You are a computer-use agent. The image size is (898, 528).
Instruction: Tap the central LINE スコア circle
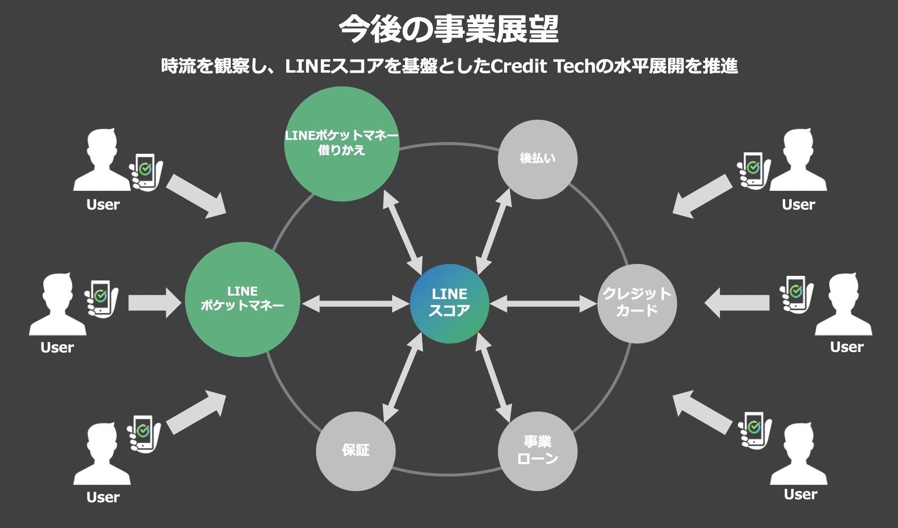coord(449,303)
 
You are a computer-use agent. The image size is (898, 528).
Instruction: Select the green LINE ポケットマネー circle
coord(242,299)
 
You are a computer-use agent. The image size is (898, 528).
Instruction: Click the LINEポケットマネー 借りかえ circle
coord(342,143)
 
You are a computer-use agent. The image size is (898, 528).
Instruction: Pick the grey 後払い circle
coord(538,159)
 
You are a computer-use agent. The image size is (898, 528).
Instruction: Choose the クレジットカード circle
coord(637,303)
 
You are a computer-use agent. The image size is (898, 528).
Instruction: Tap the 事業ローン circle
coord(538,451)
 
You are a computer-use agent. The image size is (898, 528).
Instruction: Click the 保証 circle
coord(356,451)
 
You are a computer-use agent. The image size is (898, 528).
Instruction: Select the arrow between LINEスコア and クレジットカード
coord(543,304)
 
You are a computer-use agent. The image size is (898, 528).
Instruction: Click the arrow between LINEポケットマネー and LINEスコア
coord(356,304)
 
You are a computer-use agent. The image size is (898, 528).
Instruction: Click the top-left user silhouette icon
coord(102,161)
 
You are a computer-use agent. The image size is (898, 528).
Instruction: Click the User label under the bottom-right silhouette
coord(801,494)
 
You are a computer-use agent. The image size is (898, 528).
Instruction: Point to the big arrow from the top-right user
coord(702,197)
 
